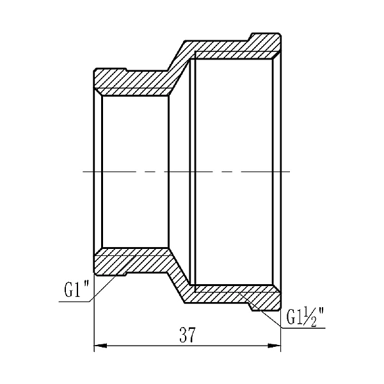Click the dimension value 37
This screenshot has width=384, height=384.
coord(188,334)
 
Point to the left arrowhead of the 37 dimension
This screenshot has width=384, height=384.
coord(100,347)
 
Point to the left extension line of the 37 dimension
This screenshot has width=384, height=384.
coord(95,320)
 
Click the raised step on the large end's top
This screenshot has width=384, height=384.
coord(264,37)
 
